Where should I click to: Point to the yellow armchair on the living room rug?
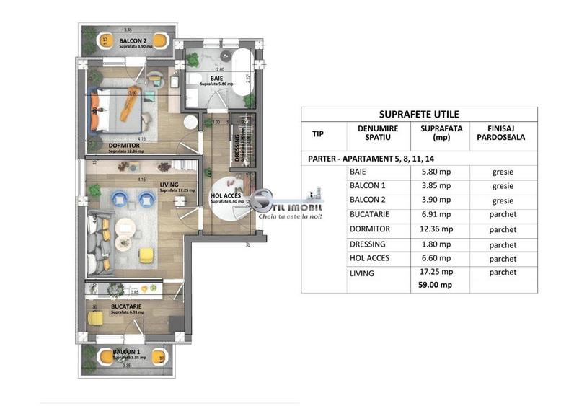pyautogui.click(x=146, y=254)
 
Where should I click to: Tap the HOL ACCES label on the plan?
pyautogui.click(x=225, y=195)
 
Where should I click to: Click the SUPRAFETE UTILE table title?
pyautogui.click(x=419, y=114)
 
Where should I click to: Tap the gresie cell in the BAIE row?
pyautogui.click(x=503, y=173)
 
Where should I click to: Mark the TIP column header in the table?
pyautogui.click(x=318, y=133)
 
